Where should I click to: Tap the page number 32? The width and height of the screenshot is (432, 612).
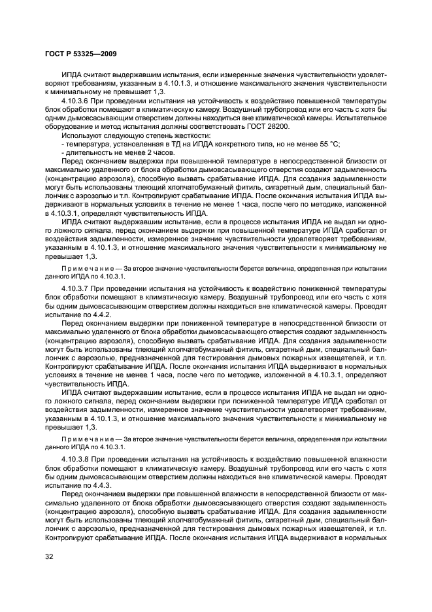[x=50, y=556]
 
